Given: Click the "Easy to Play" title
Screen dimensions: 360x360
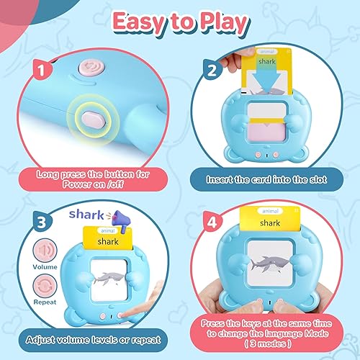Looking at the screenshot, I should (180, 22).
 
